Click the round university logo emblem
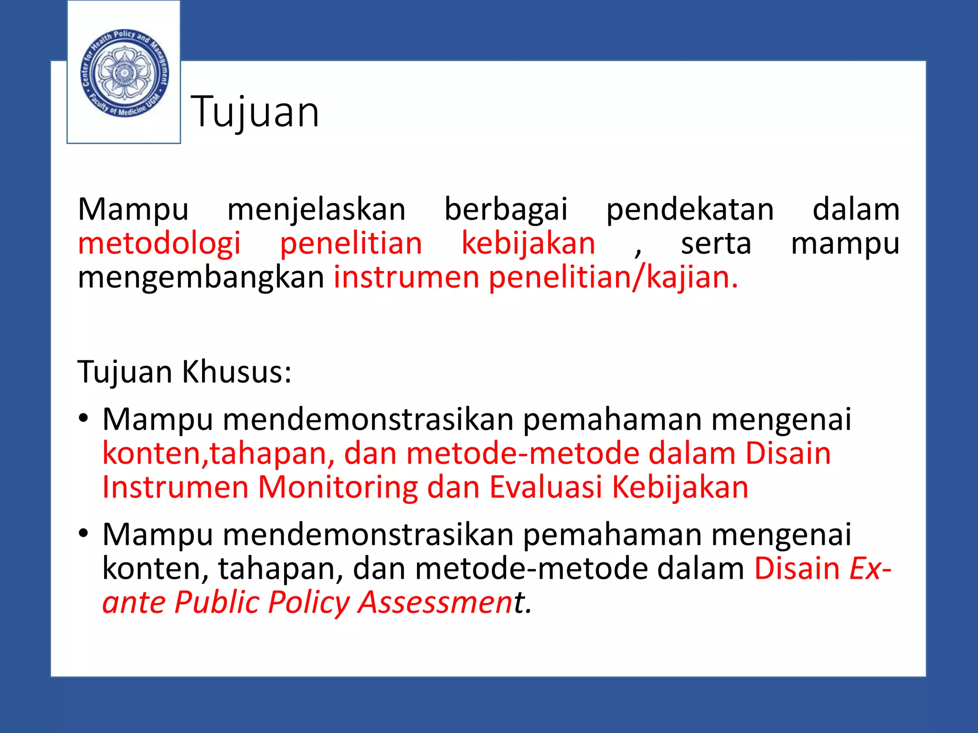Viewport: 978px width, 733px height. [x=124, y=73]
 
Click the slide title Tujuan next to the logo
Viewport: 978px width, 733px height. [x=255, y=112]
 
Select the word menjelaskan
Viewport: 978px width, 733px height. [x=316, y=209]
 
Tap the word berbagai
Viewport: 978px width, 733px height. [x=506, y=209]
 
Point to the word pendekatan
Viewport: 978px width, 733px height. [x=690, y=209]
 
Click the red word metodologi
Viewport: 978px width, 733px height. [x=159, y=243]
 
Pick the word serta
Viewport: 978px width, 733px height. [x=716, y=243]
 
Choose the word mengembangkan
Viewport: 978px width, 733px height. [x=201, y=277]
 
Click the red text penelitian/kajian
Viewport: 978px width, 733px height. [x=613, y=277]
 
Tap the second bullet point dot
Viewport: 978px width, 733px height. [x=84, y=534]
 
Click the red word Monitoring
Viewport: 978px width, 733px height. [x=338, y=487]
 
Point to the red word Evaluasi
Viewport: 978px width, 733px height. [x=546, y=487]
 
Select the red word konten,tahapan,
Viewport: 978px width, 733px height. [x=219, y=453]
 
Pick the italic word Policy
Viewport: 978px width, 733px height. [x=309, y=602]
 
